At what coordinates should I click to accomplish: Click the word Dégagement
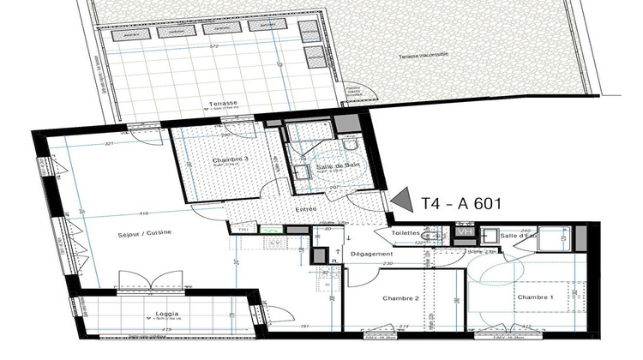tap(372, 255)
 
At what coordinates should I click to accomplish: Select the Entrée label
tap(306, 208)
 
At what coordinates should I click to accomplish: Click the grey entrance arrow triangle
tap(399, 199)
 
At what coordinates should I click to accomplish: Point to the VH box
tap(466, 231)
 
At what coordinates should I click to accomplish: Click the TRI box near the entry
tap(243, 230)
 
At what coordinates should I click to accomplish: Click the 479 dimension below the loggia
tap(168, 329)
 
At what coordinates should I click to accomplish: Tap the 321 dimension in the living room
tap(86, 143)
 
